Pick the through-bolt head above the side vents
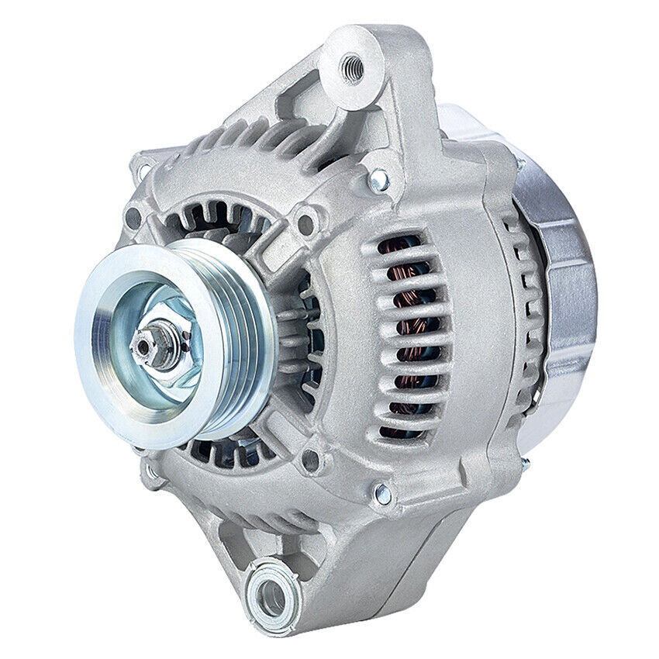(x=379, y=181)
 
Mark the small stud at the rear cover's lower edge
(x=525, y=463)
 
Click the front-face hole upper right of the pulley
(x=307, y=225)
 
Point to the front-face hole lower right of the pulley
(x=311, y=461)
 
